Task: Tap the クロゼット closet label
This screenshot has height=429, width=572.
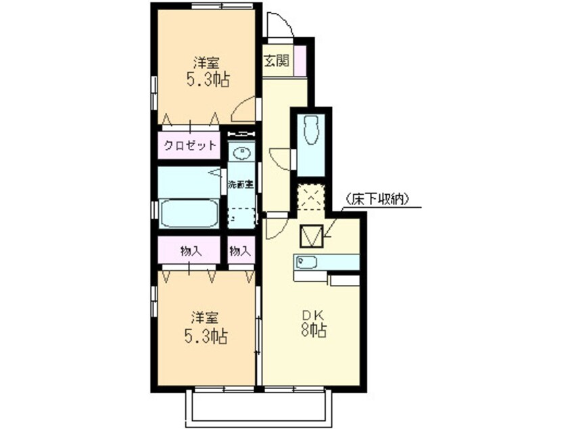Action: point(190,145)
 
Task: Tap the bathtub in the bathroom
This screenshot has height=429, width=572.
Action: point(189,213)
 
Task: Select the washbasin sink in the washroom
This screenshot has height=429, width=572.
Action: point(242,153)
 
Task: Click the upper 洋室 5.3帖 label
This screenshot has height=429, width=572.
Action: point(206,72)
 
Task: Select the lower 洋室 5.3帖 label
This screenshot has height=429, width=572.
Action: point(206,326)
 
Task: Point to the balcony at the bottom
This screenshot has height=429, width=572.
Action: point(260,406)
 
